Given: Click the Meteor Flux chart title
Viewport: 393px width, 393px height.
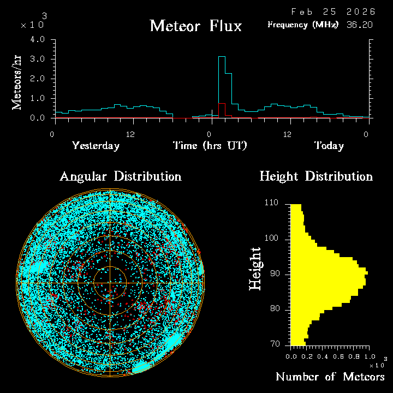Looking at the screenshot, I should coord(195,26).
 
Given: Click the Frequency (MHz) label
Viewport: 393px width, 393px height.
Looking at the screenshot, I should coord(303,25).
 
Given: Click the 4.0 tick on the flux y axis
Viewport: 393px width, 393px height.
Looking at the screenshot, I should coord(38,39).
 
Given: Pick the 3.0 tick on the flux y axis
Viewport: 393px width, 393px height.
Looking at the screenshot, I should coord(38,59).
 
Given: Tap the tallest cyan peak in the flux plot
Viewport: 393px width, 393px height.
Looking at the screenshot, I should coord(222,57).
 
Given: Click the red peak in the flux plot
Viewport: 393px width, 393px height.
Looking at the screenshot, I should coord(222,104).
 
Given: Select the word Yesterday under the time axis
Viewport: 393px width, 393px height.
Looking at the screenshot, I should coord(96,146).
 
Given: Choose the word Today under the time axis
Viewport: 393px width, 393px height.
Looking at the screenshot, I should coord(329,146).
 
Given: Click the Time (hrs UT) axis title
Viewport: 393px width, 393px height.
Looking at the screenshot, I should coord(210,146).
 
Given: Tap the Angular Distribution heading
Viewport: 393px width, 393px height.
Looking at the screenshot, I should coord(120,177).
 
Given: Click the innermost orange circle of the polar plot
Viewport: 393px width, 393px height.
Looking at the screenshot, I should coord(110,266).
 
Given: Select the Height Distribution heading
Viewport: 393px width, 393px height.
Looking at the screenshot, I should coord(316,177).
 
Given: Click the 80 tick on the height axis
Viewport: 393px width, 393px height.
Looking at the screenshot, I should coord(275,309).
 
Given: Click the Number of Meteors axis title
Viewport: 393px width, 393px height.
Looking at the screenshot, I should coord(330,377).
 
